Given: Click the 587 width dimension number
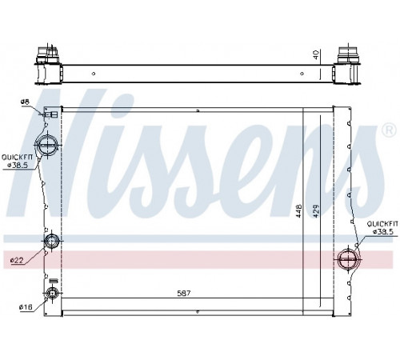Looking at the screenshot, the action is coord(184,294).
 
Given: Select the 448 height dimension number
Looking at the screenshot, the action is coord(299,211).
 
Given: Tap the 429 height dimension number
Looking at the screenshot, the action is coord(316,211).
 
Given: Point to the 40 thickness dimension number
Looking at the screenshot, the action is coord(316,55).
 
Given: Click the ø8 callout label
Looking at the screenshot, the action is coord(25,102).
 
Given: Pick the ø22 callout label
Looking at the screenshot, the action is coord(17,260).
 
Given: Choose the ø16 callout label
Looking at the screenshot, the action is coord(26,307).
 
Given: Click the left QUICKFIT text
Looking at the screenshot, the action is coord(17,158).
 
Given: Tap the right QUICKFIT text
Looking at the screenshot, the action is coord(382,224).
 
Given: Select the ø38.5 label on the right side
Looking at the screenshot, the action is coord(382,232).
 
